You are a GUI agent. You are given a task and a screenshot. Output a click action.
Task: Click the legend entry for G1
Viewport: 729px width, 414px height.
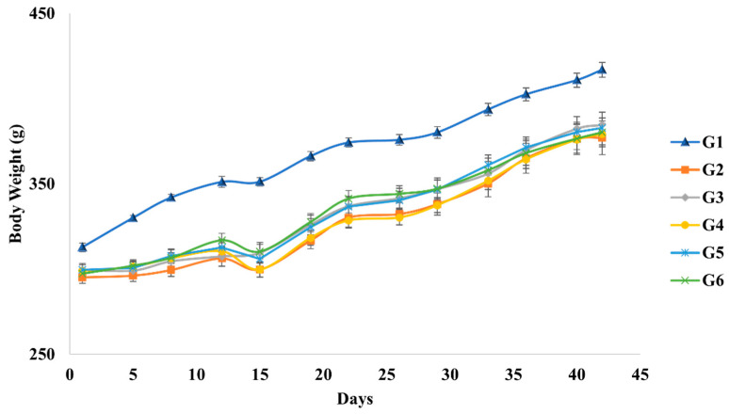click(x=686, y=142)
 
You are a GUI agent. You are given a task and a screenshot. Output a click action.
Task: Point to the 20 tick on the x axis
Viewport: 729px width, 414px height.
click(x=323, y=373)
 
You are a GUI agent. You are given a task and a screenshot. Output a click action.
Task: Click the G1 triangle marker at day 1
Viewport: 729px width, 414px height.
click(x=83, y=247)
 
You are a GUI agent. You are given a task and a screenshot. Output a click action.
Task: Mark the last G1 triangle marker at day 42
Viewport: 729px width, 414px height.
click(x=602, y=70)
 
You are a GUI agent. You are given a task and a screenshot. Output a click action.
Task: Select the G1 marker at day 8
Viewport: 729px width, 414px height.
click(x=171, y=197)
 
